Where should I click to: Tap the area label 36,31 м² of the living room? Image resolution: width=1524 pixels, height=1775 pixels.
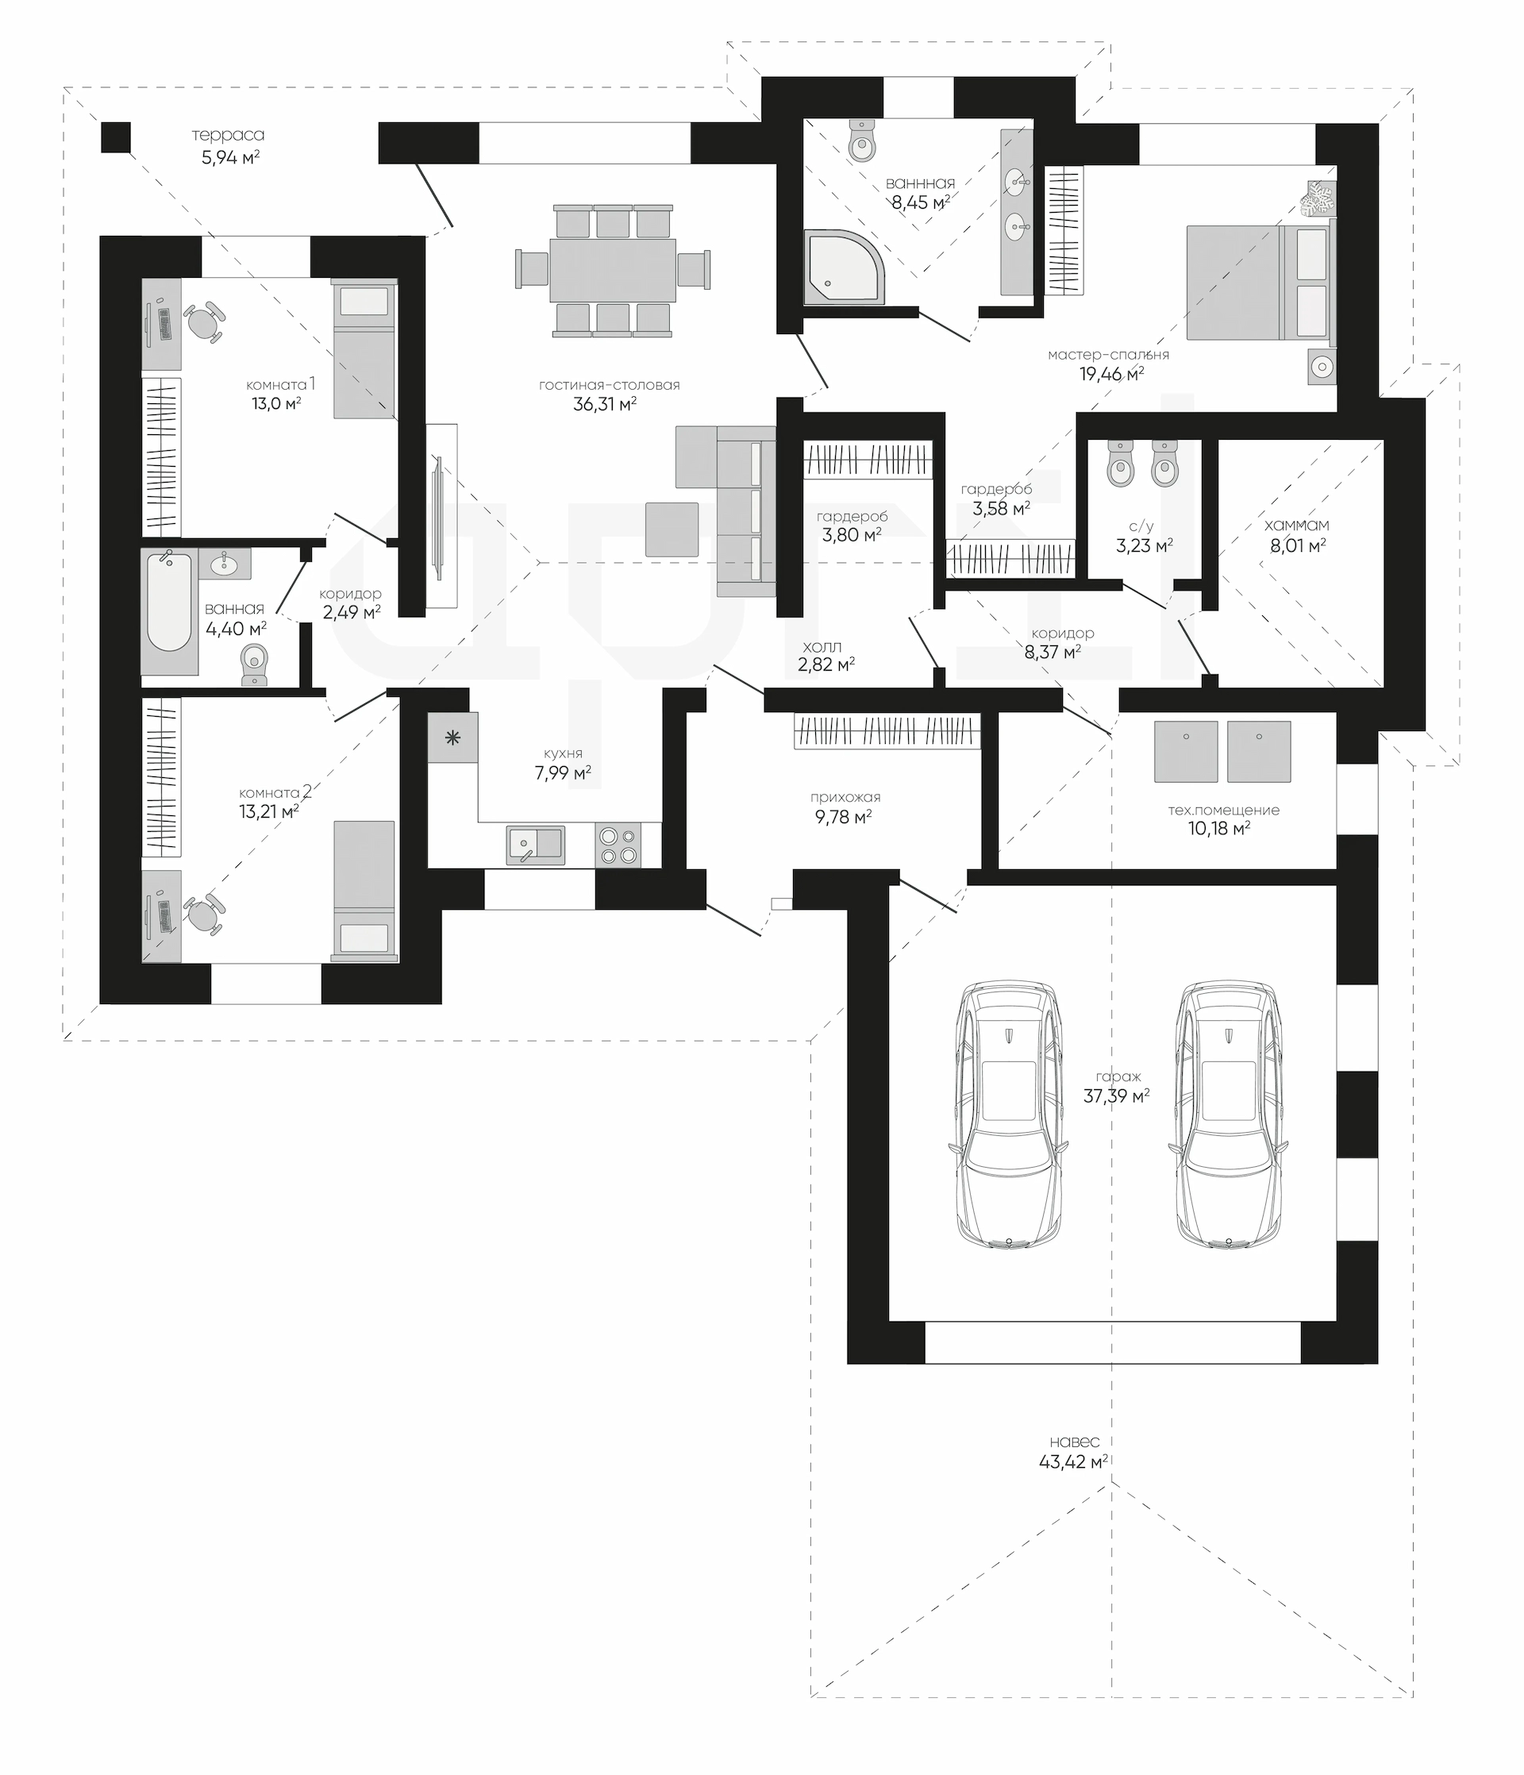point(605,404)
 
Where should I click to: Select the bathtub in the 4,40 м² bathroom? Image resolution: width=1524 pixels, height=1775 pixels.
point(169,603)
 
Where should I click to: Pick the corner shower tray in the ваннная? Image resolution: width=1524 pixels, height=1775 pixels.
point(843,267)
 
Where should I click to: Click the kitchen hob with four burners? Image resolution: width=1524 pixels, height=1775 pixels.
point(618,845)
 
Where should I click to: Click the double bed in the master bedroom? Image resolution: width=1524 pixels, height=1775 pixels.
point(1260,281)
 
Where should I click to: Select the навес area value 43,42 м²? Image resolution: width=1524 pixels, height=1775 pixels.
point(1074,1462)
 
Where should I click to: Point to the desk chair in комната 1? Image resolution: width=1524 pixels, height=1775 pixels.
point(203,324)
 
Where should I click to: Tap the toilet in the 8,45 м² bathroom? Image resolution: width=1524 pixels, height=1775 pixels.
point(862,140)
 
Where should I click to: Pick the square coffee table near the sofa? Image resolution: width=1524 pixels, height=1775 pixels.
point(672,529)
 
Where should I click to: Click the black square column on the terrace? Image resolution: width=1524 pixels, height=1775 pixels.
point(116,137)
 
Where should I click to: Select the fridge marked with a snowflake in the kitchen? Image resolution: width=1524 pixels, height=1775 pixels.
point(453,737)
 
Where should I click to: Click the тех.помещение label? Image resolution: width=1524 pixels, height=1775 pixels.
point(1223,810)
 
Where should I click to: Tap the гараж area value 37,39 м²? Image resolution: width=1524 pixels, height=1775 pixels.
point(1116,1096)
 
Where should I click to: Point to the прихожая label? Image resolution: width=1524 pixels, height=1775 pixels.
point(845,798)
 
